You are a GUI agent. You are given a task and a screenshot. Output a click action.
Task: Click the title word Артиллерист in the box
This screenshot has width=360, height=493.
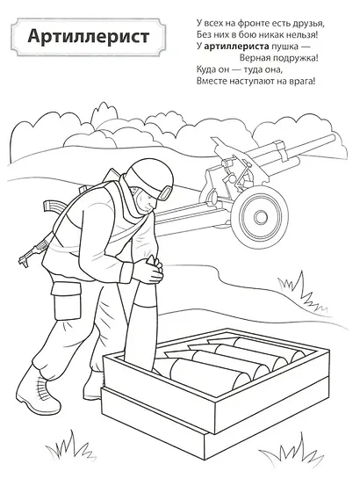click(x=89, y=37)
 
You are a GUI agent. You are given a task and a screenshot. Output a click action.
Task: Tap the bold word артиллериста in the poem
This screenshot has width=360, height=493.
click(x=236, y=47)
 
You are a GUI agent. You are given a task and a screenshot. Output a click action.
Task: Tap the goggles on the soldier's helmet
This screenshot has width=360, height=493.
click(x=166, y=192)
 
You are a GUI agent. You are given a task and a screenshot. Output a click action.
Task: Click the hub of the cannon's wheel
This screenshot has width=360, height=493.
click(x=260, y=216)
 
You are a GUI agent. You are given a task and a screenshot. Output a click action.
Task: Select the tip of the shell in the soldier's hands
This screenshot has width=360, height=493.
click(x=153, y=257)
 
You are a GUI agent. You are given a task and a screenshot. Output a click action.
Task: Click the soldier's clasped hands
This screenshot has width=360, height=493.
click(x=150, y=271)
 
